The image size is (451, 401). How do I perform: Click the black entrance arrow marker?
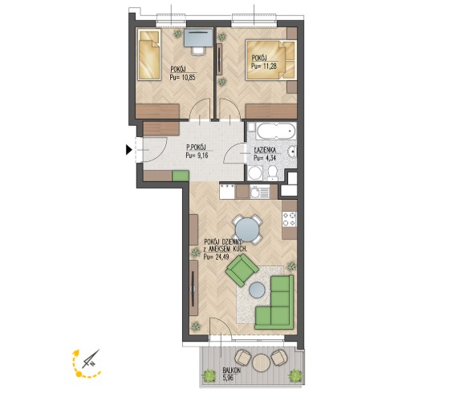128,149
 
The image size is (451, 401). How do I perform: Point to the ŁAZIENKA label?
265,150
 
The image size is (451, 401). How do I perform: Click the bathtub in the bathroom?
276,131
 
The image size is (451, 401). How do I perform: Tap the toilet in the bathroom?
272,173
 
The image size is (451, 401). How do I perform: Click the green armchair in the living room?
242,271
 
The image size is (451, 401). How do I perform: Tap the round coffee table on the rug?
257,290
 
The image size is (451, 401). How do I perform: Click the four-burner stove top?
289,219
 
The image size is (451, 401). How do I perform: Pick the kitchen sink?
260,192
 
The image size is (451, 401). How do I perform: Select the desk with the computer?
199,38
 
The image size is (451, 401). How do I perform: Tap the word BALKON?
231,371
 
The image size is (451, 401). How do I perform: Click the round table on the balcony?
261,363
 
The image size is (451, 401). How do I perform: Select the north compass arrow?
91,359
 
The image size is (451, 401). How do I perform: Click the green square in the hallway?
181,176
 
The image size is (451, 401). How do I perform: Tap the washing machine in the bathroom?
254,173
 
